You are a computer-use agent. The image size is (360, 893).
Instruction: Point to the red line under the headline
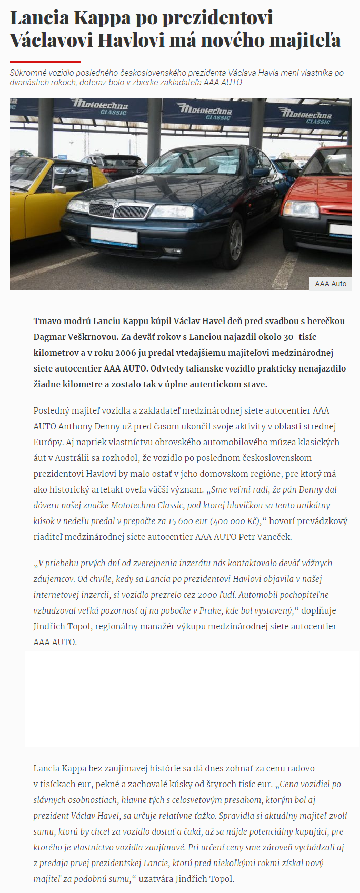pos(45,62)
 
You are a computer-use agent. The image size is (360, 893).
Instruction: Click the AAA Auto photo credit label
pos(331,284)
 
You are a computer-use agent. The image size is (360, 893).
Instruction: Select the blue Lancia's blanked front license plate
pos(114,235)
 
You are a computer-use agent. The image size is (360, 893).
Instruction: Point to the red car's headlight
pos(301,209)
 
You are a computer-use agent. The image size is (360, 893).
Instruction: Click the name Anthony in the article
pos(75,426)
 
